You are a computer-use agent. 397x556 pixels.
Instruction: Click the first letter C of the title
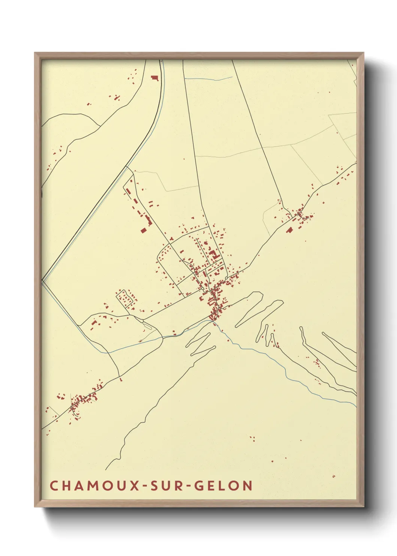point(54,486)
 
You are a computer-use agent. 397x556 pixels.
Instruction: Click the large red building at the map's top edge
point(155,78)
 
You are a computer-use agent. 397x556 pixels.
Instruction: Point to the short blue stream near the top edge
point(208,79)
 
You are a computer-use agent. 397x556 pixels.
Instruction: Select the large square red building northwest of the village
point(143,230)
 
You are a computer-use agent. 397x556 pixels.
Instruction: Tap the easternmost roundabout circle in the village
point(226,278)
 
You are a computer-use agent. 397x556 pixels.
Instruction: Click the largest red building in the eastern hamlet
point(289,230)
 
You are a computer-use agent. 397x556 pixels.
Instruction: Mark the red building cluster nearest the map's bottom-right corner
point(333,476)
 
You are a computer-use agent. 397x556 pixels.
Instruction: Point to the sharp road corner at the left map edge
point(42,280)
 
